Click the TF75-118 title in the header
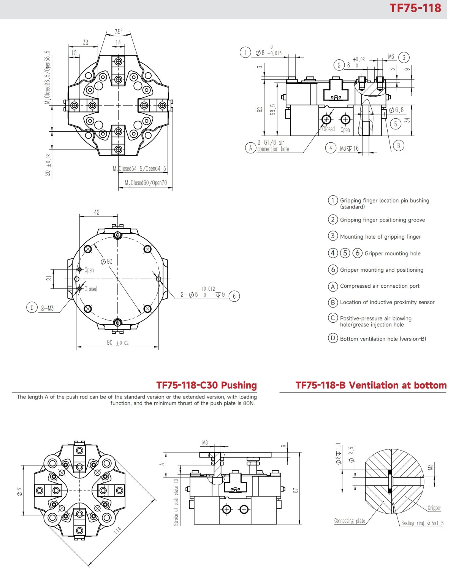point(415,8)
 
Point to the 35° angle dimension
point(119,32)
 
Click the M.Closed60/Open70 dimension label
point(146,183)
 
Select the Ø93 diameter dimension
point(107,261)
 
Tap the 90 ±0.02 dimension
point(117,343)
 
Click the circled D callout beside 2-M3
point(32,307)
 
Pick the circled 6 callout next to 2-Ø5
point(234,296)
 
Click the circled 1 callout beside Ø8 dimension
point(245,53)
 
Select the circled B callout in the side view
point(398,145)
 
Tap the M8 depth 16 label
point(349,148)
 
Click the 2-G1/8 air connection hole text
point(273,146)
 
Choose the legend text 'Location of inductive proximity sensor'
point(387,302)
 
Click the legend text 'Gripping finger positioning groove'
point(382,220)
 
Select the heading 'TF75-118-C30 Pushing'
point(206,385)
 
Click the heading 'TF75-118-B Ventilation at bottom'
point(371,385)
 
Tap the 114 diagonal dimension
point(118,530)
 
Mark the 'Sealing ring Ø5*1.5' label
point(422,523)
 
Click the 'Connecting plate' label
point(350,521)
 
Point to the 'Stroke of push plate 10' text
point(176,502)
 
